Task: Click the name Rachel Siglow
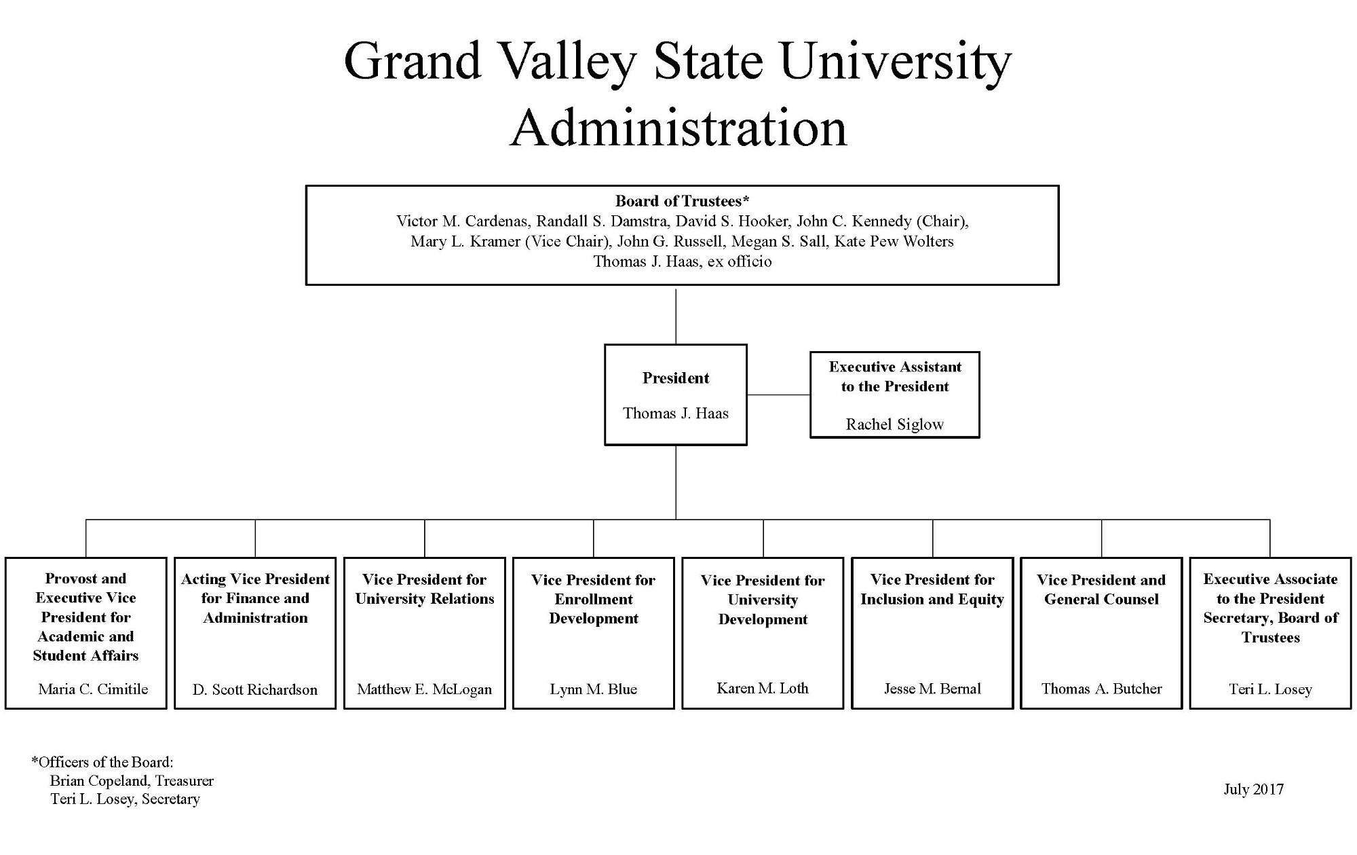click(894, 424)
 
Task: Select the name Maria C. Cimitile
click(93, 689)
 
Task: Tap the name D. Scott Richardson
click(255, 690)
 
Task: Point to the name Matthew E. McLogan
click(424, 689)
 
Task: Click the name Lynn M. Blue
click(593, 689)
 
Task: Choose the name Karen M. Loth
click(763, 689)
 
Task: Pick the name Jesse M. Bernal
click(932, 689)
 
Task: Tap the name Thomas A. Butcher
click(1101, 689)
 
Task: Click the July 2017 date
click(1253, 789)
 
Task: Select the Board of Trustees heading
click(681, 201)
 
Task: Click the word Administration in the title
click(678, 128)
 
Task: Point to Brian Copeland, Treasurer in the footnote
click(132, 781)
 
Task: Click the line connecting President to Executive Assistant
click(778, 395)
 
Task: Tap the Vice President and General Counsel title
click(1101, 589)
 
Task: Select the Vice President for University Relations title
click(424, 589)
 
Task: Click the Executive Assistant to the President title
click(895, 377)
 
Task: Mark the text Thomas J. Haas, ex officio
click(682, 261)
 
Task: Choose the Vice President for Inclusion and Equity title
click(932, 589)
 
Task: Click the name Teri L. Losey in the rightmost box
click(1270, 689)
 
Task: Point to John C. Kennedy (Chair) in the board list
click(881, 221)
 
